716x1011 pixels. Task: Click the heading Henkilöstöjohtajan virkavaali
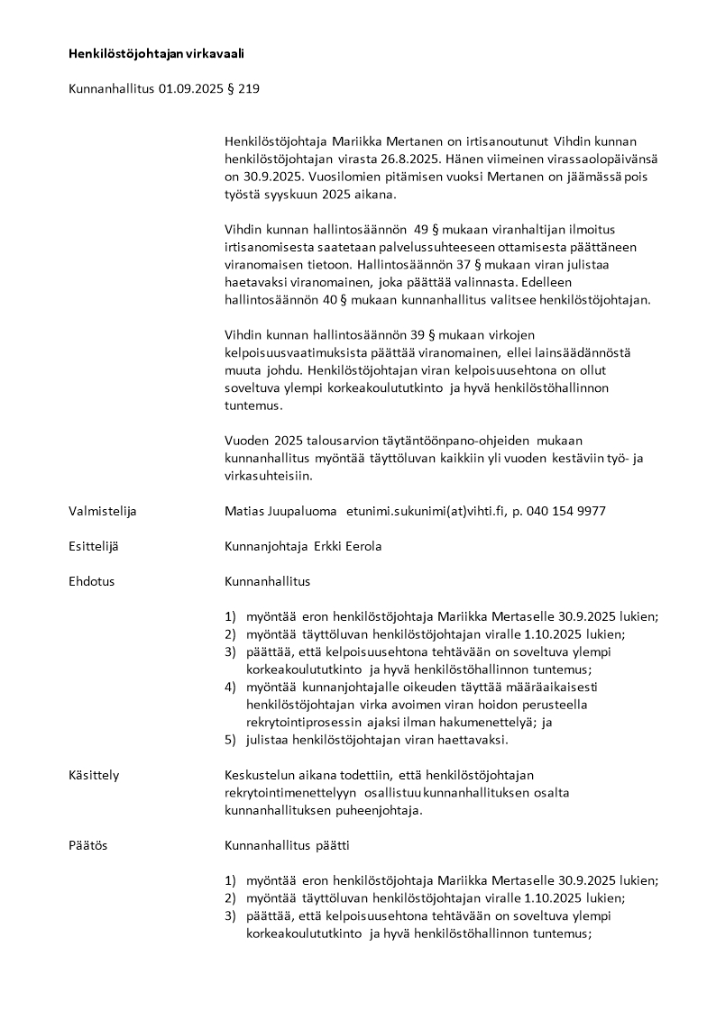(156, 54)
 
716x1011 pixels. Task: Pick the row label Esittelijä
(94, 546)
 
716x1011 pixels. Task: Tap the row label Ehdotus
(91, 581)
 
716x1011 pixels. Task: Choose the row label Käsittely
(94, 775)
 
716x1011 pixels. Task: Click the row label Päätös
(87, 845)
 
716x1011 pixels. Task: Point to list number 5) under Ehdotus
(230, 740)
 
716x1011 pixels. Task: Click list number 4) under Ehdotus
(230, 687)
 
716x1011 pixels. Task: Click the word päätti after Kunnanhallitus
(332, 845)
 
